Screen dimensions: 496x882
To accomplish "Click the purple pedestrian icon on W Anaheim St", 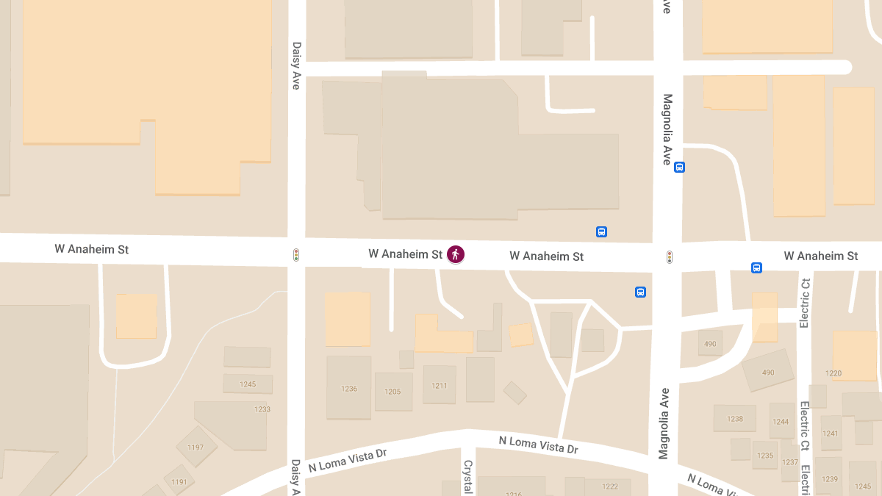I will tap(456, 254).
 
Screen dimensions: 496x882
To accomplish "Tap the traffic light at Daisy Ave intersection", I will tap(296, 255).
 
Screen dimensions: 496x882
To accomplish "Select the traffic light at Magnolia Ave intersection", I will tap(670, 256).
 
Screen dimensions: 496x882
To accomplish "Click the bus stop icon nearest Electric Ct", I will tap(756, 267).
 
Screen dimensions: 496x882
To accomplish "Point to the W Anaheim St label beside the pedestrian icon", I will tap(405, 254).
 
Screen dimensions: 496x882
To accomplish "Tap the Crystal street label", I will tap(467, 476).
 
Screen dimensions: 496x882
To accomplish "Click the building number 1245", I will tap(248, 384).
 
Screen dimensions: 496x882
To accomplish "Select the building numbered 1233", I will tap(262, 409).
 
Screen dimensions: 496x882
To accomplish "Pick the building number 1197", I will tap(196, 447).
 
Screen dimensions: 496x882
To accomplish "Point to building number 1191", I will tap(179, 482).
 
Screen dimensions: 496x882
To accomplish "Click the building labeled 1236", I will tap(349, 389).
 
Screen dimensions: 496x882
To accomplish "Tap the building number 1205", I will tap(392, 392).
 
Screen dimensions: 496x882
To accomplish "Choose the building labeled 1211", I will tap(440, 385).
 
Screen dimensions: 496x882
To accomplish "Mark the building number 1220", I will tap(833, 373).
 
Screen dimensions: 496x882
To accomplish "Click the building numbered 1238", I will tap(735, 419).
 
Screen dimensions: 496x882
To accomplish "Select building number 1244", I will tap(781, 422).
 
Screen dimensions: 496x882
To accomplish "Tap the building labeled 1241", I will tap(830, 433).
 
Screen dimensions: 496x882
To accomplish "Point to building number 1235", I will tap(765, 456).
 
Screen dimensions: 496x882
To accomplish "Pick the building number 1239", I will tap(830, 479).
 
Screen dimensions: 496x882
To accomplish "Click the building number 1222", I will tap(610, 486).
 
